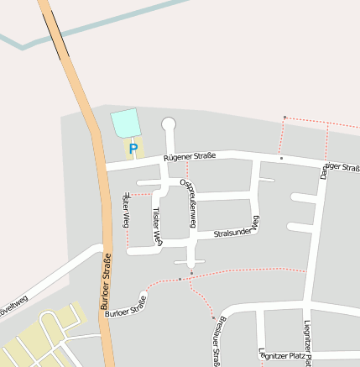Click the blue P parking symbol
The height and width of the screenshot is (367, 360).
pos(133,149)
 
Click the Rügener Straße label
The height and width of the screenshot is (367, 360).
pos(190,156)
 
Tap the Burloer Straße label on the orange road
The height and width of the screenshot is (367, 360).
pos(107,283)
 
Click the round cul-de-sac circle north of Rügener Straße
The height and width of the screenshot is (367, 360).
pos(169,125)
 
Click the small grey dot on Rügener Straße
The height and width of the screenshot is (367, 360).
pos(281,158)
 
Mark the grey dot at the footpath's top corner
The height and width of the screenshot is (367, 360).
pos(284,117)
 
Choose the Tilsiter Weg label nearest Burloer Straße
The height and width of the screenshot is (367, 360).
pos(126,210)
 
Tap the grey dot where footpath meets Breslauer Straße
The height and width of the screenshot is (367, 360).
pos(213,317)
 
